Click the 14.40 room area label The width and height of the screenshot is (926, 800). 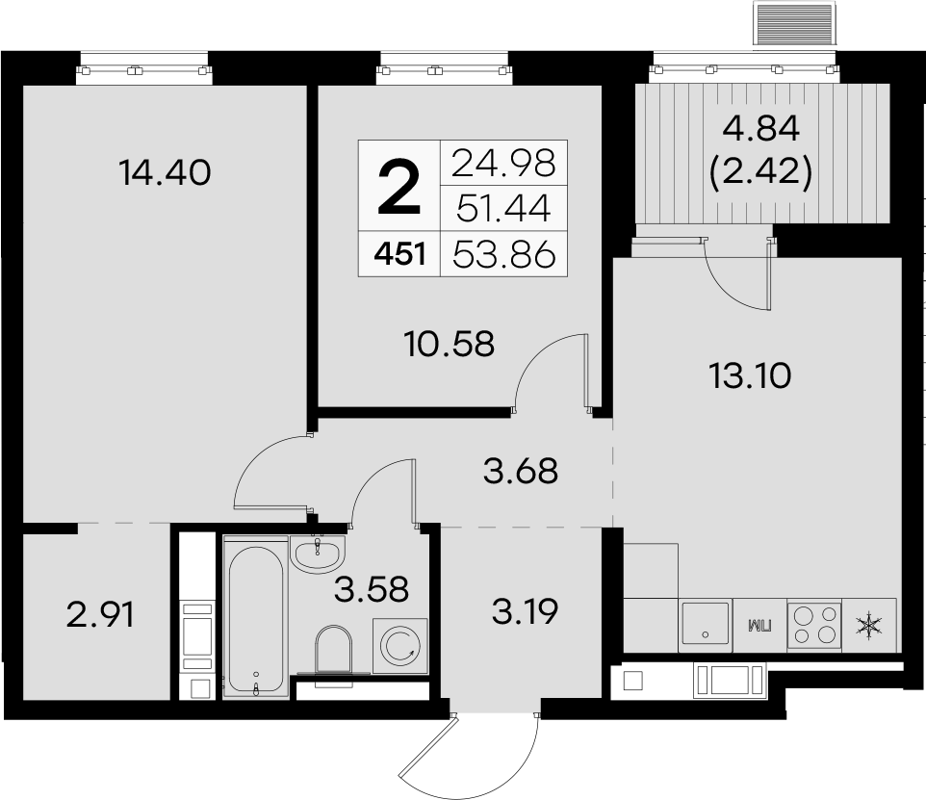click(165, 173)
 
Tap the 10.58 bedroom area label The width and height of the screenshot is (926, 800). click(450, 344)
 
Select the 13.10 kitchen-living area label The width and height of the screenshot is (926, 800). click(750, 375)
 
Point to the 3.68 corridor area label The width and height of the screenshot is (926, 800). click(521, 472)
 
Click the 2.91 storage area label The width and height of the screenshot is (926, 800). click(100, 615)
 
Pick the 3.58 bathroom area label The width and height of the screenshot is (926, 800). click(372, 589)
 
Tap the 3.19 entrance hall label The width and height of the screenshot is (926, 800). click(525, 612)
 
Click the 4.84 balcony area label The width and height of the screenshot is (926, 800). click(761, 129)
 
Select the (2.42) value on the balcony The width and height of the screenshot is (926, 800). click(761, 172)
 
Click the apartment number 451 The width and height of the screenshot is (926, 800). click(399, 255)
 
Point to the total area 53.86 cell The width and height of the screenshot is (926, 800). click(504, 255)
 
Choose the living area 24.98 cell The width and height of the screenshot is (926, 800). click(503, 164)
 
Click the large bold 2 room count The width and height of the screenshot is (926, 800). click(399, 188)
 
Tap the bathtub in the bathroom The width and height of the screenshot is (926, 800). click(256, 619)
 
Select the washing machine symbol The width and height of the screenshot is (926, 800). click(400, 646)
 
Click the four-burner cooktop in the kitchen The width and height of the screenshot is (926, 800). click(813, 626)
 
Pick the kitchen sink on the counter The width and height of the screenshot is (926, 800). click(706, 625)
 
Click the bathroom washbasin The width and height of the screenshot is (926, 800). click(317, 555)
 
